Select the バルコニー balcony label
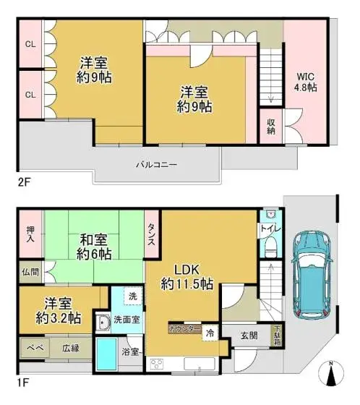[x=156, y=164]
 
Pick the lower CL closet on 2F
[x=30, y=94]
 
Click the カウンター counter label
[x=184, y=328]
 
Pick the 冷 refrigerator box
[x=209, y=334]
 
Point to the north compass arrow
[x=332, y=377]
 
